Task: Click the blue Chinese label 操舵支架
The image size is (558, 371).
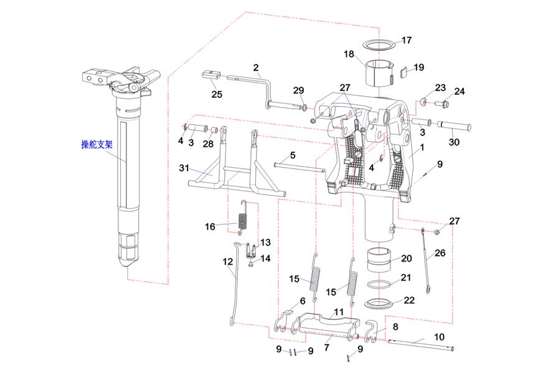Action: [x=97, y=145]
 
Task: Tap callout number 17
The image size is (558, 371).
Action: [x=406, y=40]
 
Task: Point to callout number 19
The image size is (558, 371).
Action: [x=418, y=67]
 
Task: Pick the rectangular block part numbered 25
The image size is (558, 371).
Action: [x=211, y=76]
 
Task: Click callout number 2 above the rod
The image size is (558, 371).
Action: [x=256, y=67]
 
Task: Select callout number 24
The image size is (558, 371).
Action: [x=460, y=91]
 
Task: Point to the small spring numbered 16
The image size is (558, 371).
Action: [x=244, y=221]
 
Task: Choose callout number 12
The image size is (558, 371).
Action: [x=227, y=262]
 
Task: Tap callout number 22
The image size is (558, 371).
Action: [x=409, y=300]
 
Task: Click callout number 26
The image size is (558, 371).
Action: [x=440, y=253]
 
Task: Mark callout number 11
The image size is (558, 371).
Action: [x=339, y=311]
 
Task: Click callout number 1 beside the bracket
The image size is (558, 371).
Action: [x=422, y=148]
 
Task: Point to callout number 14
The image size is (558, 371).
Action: [x=266, y=258]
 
